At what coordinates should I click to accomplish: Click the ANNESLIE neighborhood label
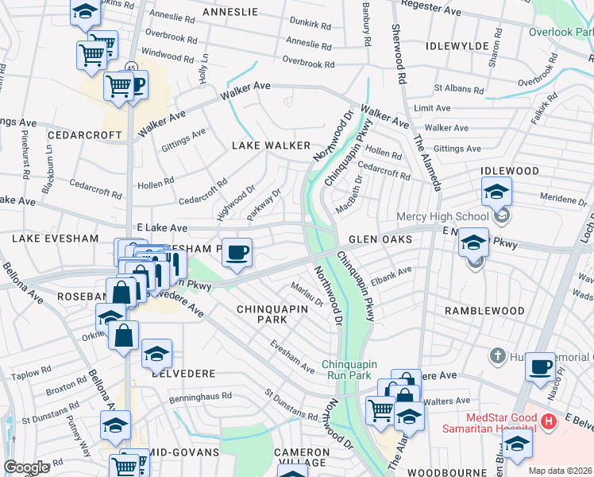point(230,12)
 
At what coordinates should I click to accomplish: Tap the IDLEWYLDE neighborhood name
point(457,46)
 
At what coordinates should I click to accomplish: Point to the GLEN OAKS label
point(380,239)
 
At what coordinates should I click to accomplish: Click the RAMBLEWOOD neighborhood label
point(484,310)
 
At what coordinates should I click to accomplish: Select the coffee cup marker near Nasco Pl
point(540,366)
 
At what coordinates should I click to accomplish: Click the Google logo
point(26,467)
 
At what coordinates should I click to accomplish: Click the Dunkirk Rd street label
point(310,25)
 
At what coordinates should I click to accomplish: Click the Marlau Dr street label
point(307,295)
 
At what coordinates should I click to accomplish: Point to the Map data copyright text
point(560,471)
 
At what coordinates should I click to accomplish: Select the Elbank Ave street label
point(393,275)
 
